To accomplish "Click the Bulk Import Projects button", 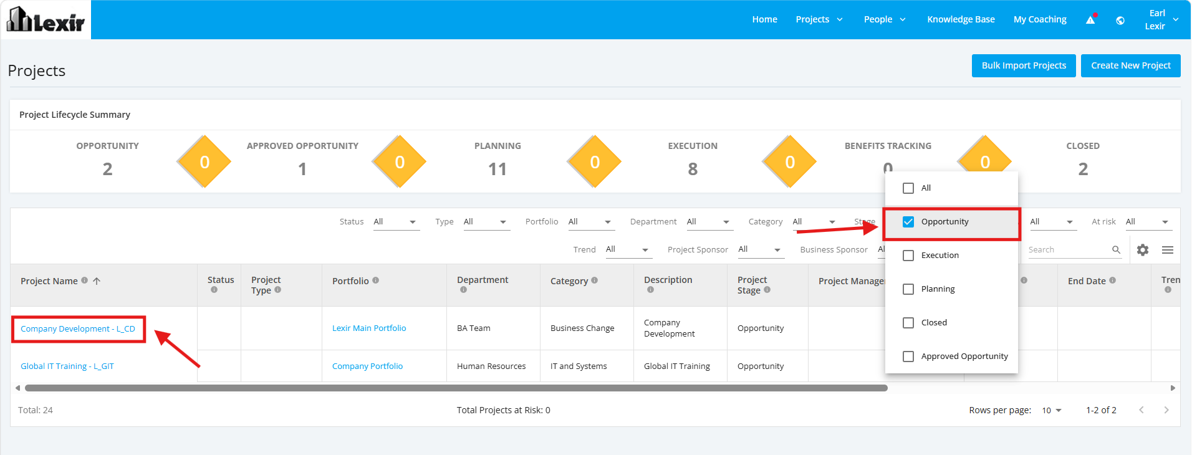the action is [x=1024, y=65].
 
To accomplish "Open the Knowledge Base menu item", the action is [x=961, y=19].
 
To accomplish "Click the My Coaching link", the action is [x=1040, y=19].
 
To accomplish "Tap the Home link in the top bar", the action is [x=764, y=19].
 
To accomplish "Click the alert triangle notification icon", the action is [x=1091, y=19].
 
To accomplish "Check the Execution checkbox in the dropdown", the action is [x=908, y=256].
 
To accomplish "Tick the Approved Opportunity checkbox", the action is [x=908, y=357].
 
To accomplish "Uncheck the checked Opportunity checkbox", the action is [x=908, y=222].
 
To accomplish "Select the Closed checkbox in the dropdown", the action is [x=908, y=323].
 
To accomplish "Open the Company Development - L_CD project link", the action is [x=78, y=329].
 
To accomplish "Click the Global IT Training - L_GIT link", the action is [x=67, y=366].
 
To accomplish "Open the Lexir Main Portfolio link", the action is [x=369, y=328].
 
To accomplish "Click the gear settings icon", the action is [x=1143, y=250].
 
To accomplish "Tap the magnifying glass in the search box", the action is [x=1116, y=250].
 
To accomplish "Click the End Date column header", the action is [x=1087, y=281].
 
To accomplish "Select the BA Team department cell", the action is [x=474, y=328].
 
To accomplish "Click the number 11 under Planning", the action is [x=497, y=169].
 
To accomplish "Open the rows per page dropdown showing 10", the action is [x=1052, y=410].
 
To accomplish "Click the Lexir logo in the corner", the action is [x=46, y=19].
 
